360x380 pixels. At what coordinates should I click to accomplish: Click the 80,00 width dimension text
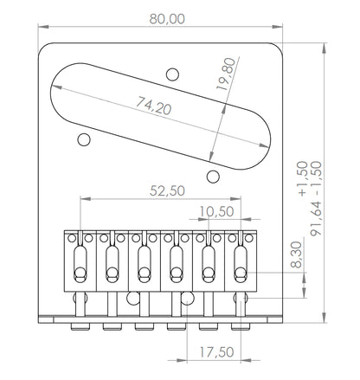(167, 19)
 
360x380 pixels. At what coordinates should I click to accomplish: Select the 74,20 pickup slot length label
(154, 106)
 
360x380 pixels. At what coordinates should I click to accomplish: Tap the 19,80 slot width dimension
(226, 74)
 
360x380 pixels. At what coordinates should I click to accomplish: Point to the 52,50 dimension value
(167, 190)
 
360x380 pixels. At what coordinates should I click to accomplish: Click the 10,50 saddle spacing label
(216, 212)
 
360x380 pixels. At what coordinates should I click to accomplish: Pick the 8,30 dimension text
(297, 254)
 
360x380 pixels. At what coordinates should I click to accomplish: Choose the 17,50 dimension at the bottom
(216, 352)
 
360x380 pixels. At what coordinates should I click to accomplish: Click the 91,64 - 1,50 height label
(316, 198)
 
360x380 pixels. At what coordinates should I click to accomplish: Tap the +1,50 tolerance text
(302, 179)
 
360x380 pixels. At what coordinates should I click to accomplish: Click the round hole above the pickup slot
(172, 74)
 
